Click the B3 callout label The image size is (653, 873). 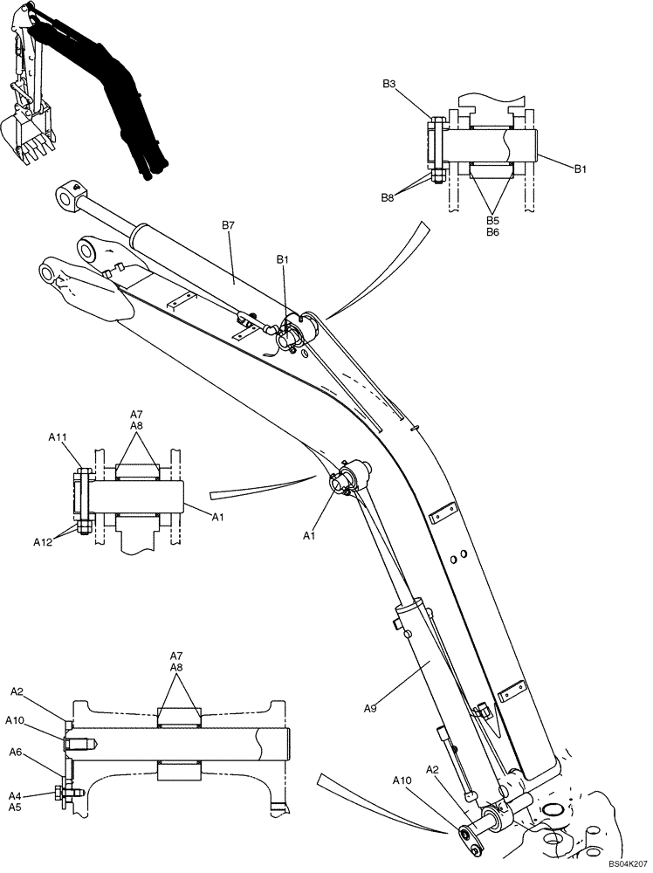[389, 84]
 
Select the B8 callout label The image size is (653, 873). [388, 198]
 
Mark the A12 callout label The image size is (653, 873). [43, 542]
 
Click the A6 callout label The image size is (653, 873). [16, 752]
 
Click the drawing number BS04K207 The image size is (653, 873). [625, 863]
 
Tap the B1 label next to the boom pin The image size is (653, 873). [283, 259]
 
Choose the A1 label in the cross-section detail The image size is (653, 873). [219, 517]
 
